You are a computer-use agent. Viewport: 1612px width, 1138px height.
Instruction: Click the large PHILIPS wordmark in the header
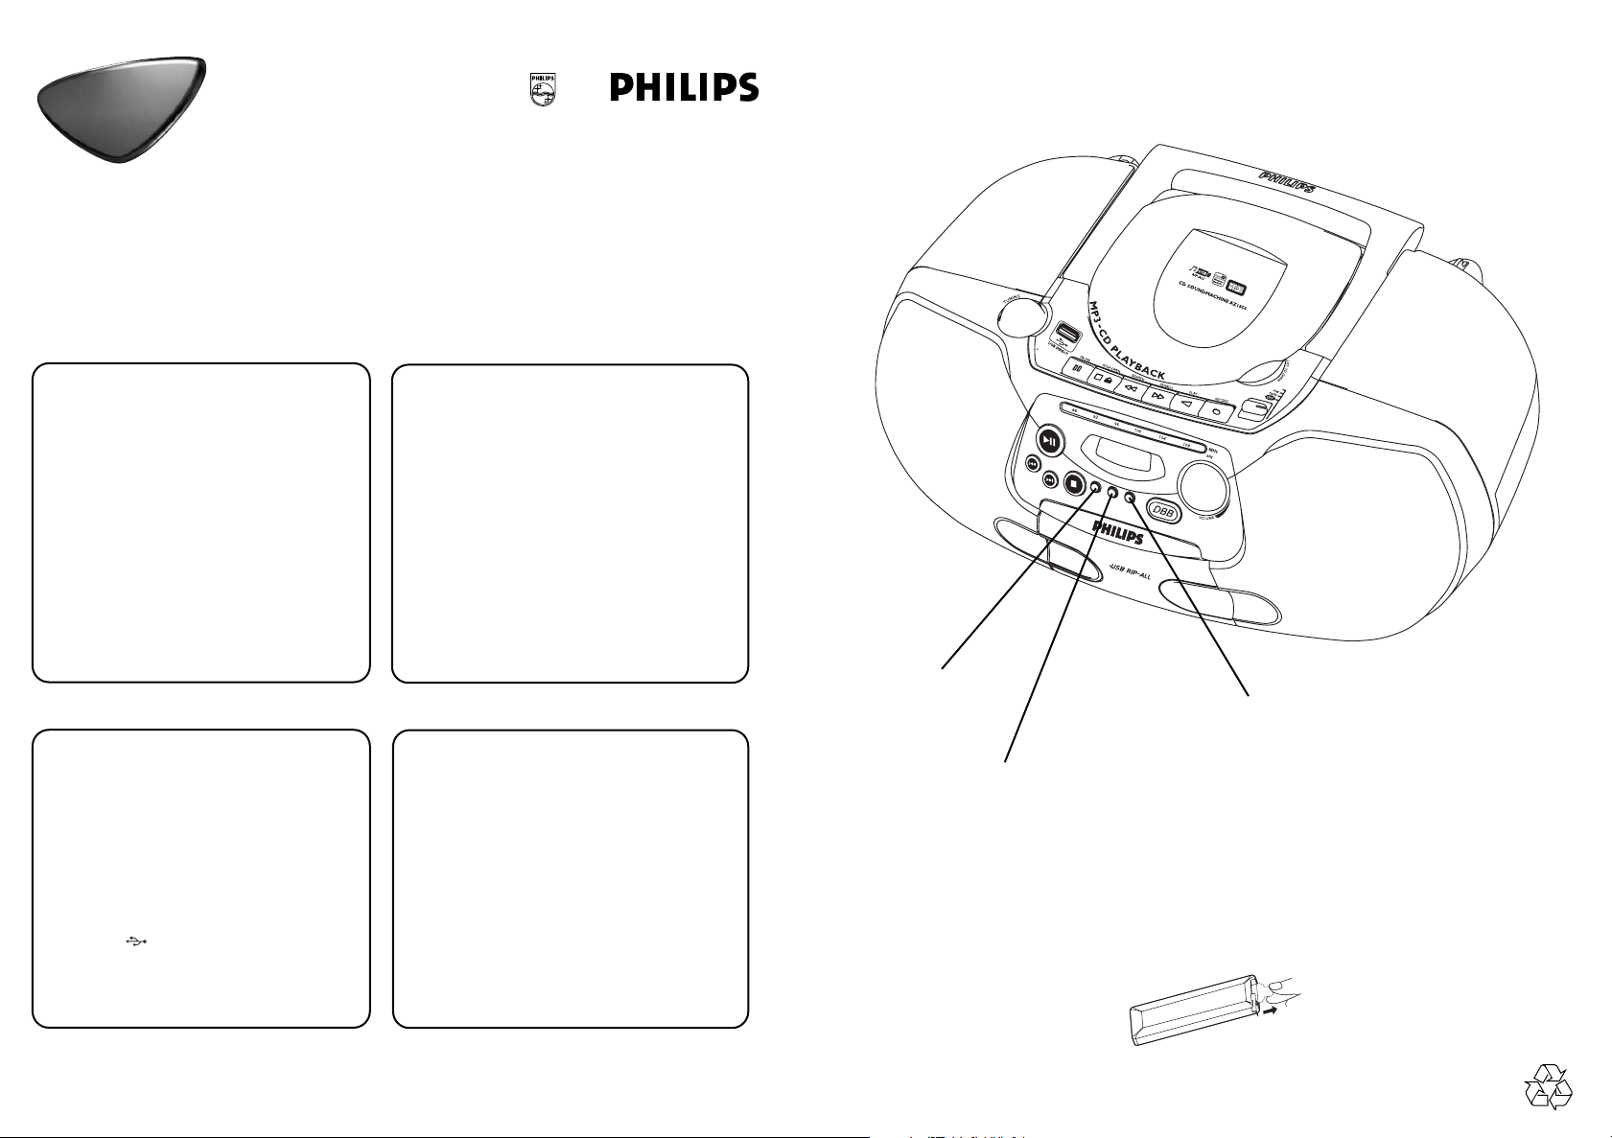(x=684, y=88)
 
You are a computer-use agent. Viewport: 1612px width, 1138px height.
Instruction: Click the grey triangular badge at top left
(x=121, y=107)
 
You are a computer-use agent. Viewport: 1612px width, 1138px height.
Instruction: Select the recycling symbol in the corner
(x=1548, y=1087)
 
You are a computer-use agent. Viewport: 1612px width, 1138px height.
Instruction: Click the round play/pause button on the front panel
(x=1051, y=442)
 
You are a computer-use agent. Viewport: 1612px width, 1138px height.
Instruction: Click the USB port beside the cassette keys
(x=1064, y=337)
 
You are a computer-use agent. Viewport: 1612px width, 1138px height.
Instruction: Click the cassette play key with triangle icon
(x=1187, y=404)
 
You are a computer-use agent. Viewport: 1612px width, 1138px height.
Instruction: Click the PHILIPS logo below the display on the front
(x=1118, y=532)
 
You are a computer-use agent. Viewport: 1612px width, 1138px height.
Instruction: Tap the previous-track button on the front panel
(x=1033, y=463)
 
